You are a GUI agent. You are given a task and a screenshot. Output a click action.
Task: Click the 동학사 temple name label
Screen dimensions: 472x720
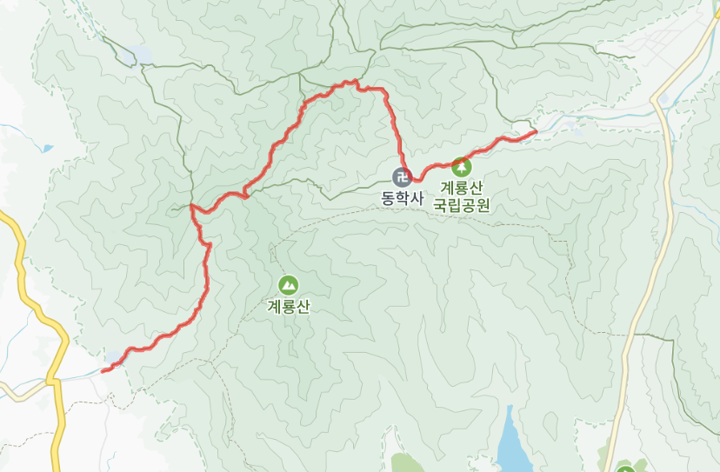coord(402,198)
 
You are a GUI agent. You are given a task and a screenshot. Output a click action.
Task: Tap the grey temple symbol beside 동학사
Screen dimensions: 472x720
coord(402,176)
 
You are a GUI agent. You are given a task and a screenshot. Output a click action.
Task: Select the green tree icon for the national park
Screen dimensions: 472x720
coord(462,165)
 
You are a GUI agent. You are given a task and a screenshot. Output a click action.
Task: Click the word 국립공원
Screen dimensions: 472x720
coord(463,206)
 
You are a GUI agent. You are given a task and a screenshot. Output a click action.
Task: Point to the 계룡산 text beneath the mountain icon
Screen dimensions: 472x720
coord(289,306)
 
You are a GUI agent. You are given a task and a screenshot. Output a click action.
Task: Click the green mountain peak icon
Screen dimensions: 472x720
coord(288,284)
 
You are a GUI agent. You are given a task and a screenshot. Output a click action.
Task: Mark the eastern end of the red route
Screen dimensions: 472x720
coord(535,132)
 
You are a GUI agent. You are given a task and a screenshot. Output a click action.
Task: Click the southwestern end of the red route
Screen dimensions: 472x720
coord(103,371)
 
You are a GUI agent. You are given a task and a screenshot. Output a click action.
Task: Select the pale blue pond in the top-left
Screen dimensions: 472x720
coord(139,55)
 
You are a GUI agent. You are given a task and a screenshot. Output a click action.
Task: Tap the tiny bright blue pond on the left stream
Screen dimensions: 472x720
coord(47,149)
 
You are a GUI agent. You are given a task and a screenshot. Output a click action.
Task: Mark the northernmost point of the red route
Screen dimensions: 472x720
coord(355,82)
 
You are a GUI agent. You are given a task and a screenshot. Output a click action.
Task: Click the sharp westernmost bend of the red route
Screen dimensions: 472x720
coord(191,207)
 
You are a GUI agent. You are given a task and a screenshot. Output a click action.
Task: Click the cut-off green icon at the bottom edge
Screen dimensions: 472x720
coord(624,469)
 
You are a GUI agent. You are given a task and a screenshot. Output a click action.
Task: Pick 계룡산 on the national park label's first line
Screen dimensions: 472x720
coord(462,187)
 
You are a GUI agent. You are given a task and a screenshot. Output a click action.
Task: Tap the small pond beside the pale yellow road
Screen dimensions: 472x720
coord(665,101)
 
